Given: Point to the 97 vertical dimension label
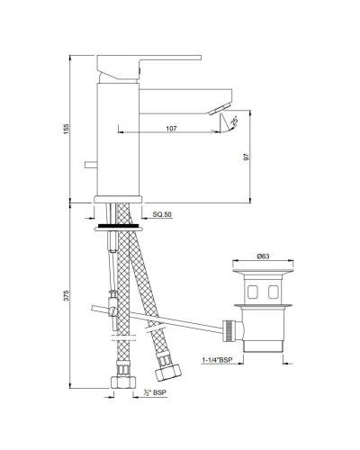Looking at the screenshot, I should pyautogui.click(x=246, y=157).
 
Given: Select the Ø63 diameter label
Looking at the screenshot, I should pyautogui.click(x=261, y=256).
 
